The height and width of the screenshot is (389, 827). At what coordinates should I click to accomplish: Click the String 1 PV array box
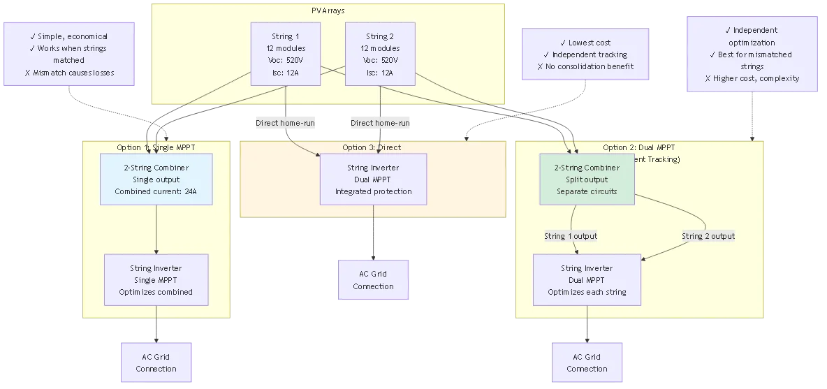286,54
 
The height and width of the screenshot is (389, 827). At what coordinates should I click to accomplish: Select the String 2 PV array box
380,54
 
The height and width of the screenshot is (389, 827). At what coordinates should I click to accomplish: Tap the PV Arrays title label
328,11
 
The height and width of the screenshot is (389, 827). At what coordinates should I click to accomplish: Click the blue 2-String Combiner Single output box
156,179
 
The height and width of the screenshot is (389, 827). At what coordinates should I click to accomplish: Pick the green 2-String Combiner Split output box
587,179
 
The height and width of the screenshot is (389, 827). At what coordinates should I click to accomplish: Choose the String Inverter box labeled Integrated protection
373,179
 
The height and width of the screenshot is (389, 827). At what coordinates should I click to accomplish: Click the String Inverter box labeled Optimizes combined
156,280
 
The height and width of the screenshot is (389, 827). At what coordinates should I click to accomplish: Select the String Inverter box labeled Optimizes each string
587,280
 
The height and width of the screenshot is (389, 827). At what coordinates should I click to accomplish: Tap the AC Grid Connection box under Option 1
156,362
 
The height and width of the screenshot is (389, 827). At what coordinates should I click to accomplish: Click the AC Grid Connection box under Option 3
373,280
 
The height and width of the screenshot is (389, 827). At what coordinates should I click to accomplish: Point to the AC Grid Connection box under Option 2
587,362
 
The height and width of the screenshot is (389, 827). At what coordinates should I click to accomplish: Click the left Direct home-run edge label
285,123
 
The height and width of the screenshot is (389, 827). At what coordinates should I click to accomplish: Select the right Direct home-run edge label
380,123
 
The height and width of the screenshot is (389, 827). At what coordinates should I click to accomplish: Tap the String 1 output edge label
571,236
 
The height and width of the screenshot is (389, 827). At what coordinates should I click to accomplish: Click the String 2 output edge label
708,236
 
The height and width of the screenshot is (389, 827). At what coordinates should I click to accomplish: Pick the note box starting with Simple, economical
68,54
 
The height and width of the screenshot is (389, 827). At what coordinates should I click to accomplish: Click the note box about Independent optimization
752,54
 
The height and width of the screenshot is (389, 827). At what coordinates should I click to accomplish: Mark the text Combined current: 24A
156,191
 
